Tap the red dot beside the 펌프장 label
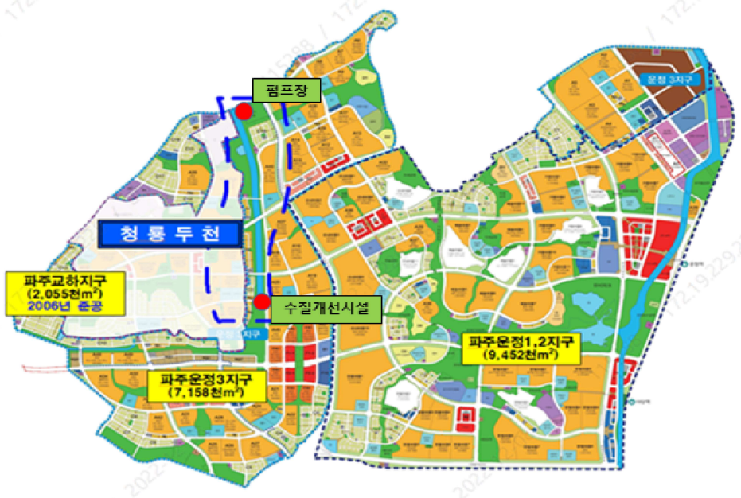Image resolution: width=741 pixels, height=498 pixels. coord(244,112)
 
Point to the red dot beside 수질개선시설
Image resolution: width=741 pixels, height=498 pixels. coord(261,302)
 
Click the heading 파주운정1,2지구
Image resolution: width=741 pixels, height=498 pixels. coord(523,342)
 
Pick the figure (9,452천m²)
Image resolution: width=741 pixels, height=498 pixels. coord(523,356)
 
